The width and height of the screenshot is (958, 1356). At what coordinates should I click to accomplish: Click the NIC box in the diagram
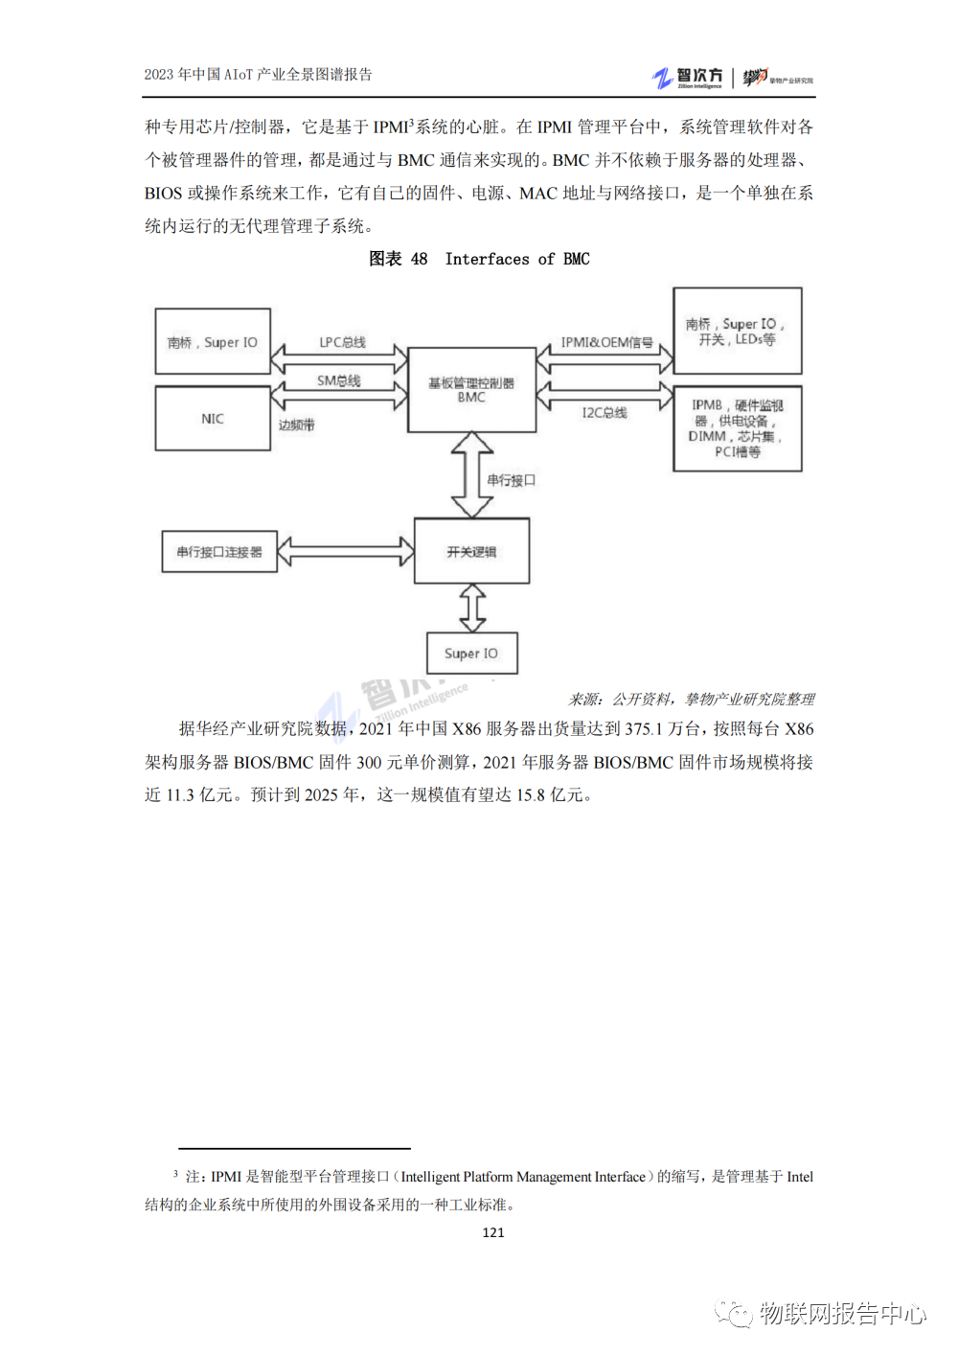tap(213, 419)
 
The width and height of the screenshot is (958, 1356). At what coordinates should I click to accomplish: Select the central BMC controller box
tap(471, 390)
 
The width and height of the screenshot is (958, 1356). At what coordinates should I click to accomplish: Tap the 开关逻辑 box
tap(471, 551)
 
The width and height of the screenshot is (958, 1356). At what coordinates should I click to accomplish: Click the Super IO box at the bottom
tap(471, 654)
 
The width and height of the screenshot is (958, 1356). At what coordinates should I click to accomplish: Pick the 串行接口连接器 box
tap(219, 552)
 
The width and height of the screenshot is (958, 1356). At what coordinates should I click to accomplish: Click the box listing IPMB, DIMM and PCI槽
tap(737, 428)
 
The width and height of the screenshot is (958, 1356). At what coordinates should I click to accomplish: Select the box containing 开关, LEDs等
tap(737, 331)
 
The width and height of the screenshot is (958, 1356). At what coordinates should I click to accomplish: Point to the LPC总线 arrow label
tap(342, 342)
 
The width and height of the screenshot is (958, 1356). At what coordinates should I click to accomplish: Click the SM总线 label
tap(339, 380)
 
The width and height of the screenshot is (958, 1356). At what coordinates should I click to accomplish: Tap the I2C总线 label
tap(604, 413)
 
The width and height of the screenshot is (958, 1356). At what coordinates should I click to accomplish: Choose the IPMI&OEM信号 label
tap(606, 342)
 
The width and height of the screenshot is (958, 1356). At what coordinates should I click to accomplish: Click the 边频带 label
tap(296, 425)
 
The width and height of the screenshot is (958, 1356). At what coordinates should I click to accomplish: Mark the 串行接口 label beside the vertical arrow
tap(511, 480)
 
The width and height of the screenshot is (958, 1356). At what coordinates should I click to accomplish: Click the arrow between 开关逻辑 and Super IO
tap(472, 608)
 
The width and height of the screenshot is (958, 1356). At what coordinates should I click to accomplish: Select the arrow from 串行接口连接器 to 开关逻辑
tap(346, 551)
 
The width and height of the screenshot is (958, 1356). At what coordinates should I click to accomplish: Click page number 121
tap(493, 1232)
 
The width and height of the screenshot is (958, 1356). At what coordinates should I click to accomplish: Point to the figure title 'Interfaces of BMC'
tap(517, 259)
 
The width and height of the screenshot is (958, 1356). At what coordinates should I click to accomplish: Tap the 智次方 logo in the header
tap(688, 78)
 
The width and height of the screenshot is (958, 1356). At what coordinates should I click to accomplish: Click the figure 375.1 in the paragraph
tap(644, 729)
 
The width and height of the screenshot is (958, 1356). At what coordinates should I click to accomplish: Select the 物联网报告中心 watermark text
tap(843, 1313)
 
